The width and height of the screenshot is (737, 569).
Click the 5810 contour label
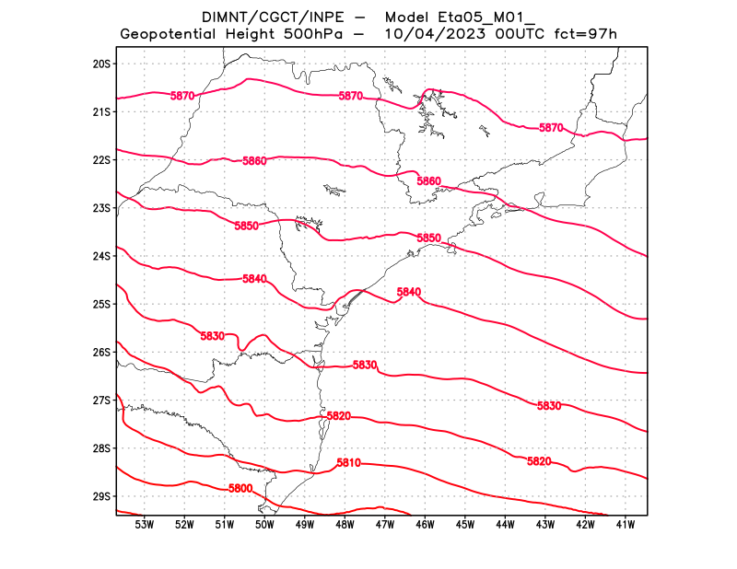coord(348,462)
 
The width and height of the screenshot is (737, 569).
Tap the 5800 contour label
coord(240,488)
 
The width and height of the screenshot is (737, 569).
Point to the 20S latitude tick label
coord(101,64)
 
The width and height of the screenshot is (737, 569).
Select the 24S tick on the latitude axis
coord(101,256)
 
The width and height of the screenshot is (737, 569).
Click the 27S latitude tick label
coord(101,400)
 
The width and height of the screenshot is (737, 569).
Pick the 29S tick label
coord(101,496)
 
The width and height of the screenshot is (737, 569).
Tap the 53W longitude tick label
coord(144,525)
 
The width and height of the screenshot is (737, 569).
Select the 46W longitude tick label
coord(425,525)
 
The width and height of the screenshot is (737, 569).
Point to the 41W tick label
coord(625,525)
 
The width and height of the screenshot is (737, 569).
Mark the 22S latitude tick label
coord(101,159)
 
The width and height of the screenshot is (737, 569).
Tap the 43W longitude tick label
coord(544,525)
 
